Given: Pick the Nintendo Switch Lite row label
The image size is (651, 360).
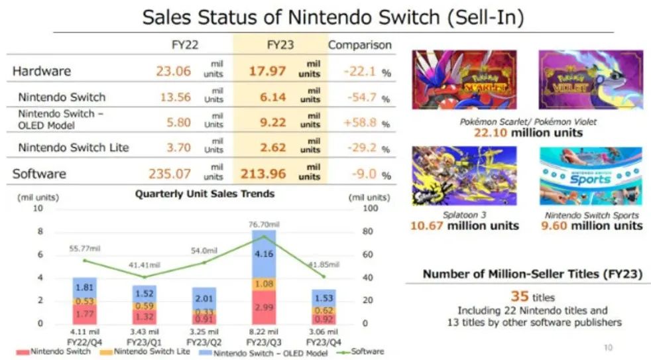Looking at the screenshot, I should click(x=74, y=148).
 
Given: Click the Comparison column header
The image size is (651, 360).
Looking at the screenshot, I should click(x=360, y=45).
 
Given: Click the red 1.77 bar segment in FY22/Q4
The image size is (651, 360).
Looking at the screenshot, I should click(x=85, y=314).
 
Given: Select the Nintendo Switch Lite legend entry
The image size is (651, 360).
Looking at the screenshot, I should click(x=145, y=351).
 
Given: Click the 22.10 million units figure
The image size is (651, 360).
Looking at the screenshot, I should click(x=528, y=133).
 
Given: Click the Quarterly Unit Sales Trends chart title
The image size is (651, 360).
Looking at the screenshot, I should click(x=204, y=194).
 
